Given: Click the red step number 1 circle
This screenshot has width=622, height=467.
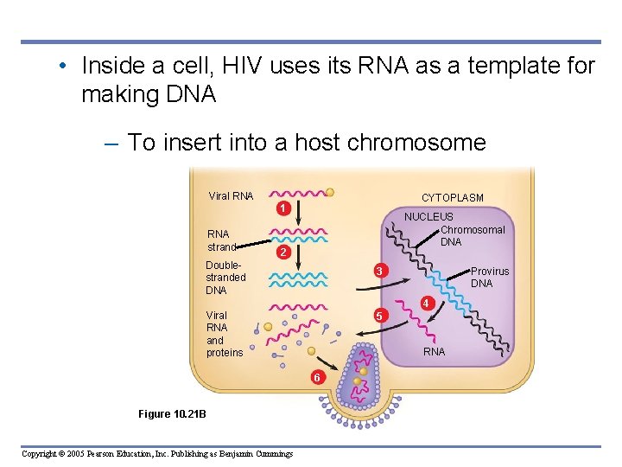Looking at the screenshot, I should pyautogui.click(x=282, y=208).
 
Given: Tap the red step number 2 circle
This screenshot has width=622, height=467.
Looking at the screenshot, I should pyautogui.click(x=282, y=252).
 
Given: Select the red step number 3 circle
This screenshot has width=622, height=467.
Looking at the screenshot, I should pyautogui.click(x=378, y=272).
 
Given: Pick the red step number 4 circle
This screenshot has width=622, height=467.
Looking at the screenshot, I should pyautogui.click(x=426, y=304).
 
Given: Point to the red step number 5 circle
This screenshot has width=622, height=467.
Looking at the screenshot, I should pyautogui.click(x=378, y=316).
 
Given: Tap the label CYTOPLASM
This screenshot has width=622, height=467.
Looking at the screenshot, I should pyautogui.click(x=452, y=198).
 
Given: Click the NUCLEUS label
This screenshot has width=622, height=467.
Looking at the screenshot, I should pyautogui.click(x=428, y=216).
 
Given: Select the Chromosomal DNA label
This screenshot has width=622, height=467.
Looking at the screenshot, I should pyautogui.click(x=473, y=236).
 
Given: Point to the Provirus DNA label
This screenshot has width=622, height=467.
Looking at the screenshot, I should pyautogui.click(x=489, y=278).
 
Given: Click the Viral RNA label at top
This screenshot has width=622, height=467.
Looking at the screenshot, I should pyautogui.click(x=231, y=196).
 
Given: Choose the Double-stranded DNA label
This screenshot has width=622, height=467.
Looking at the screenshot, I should pyautogui.click(x=225, y=278).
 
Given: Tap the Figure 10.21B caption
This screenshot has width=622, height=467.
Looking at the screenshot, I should pyautogui.click(x=172, y=414).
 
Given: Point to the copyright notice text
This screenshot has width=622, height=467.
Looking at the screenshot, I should pyautogui.click(x=157, y=454).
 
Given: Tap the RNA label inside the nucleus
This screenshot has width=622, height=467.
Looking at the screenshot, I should pyautogui.click(x=434, y=352).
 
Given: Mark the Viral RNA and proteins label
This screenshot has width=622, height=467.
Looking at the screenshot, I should pyautogui.click(x=224, y=334).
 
